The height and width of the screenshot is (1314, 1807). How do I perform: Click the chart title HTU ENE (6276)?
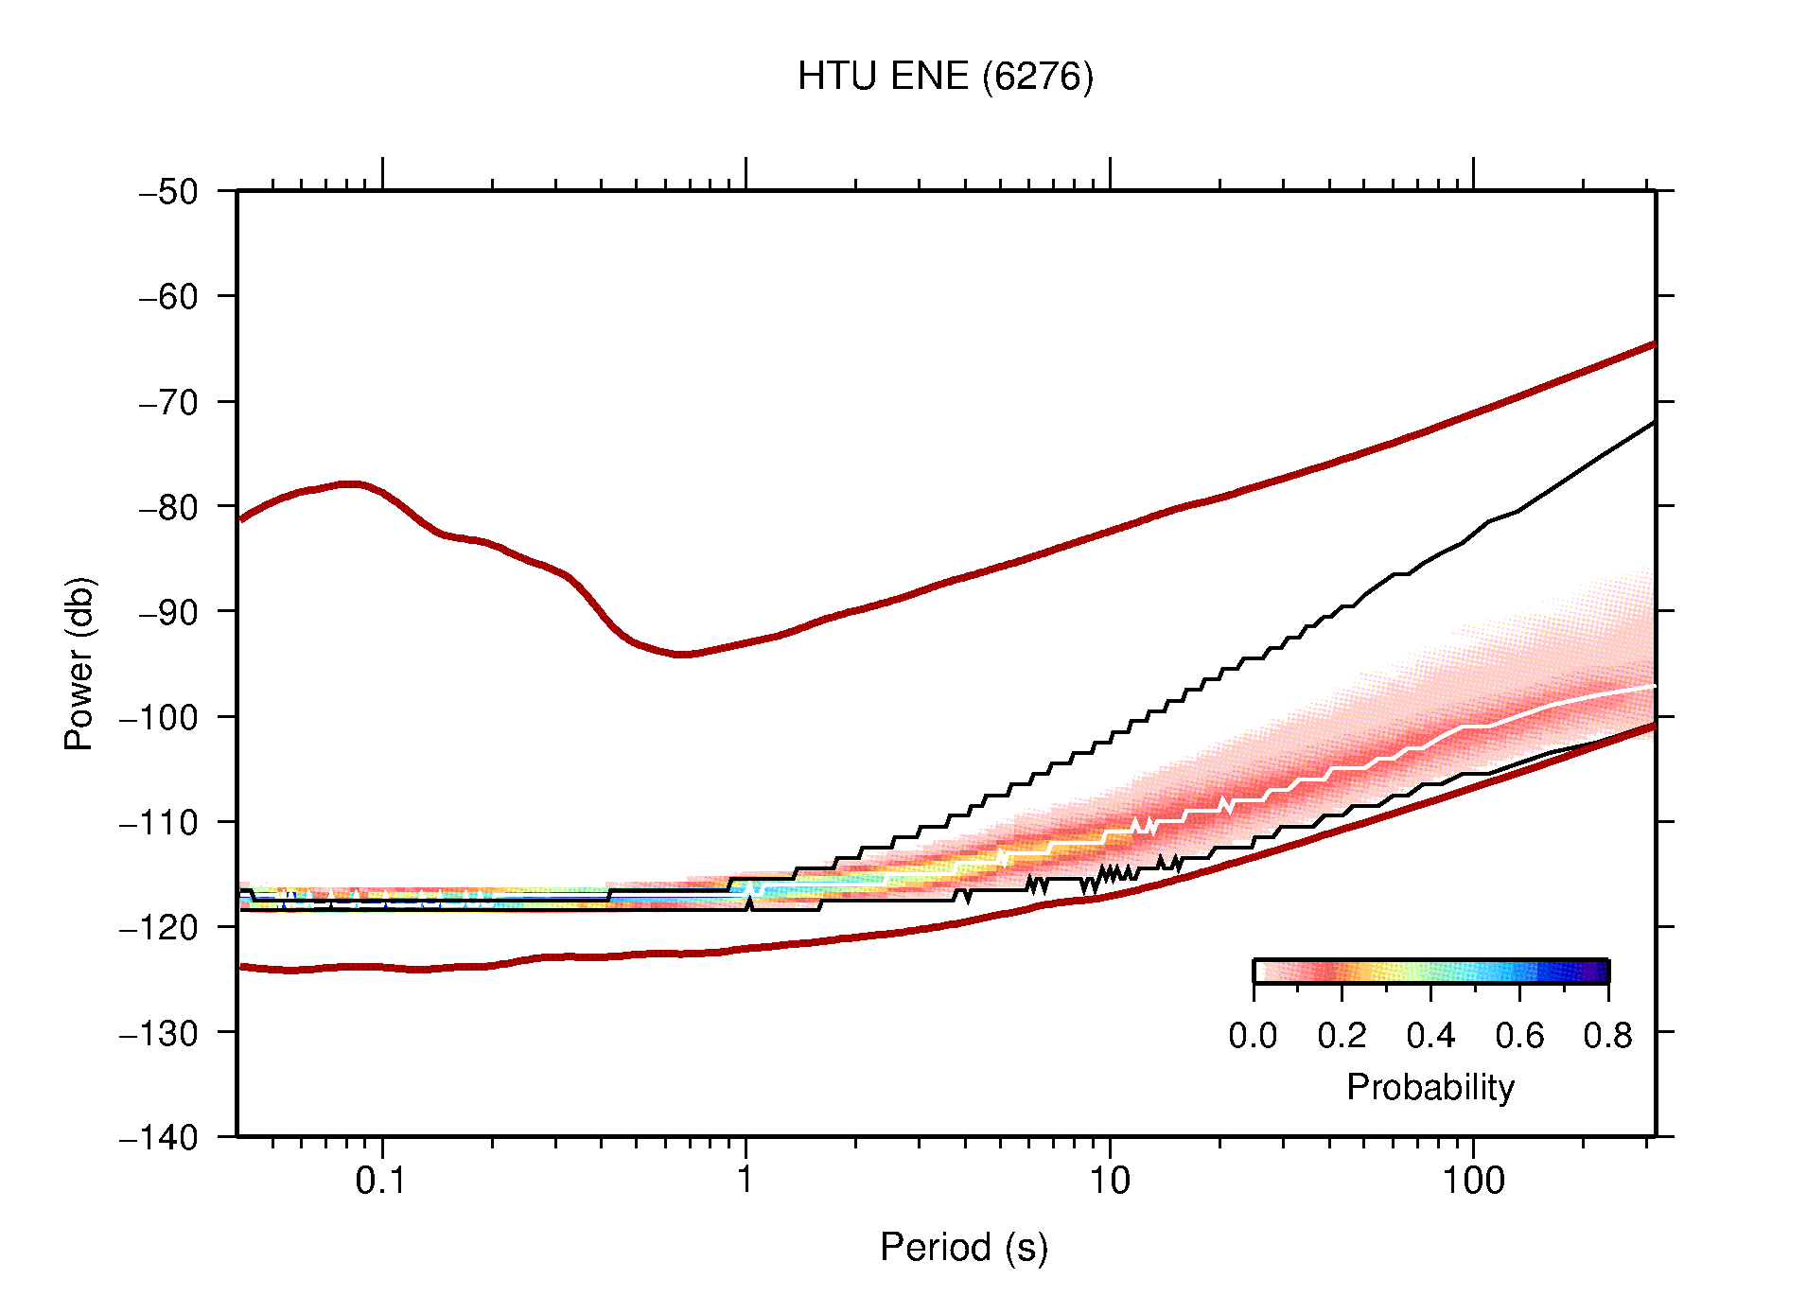point(944,77)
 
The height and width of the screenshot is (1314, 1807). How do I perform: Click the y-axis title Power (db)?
point(79,663)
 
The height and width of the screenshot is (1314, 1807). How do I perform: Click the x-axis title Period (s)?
point(963,1248)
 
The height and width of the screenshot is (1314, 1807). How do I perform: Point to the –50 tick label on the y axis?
point(168,192)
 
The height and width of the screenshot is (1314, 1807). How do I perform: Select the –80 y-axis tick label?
point(168,507)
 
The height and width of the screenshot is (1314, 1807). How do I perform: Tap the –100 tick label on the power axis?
point(159,717)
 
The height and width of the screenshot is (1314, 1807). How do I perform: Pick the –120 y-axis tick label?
point(159,927)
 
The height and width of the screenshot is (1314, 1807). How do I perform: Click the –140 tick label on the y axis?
point(159,1137)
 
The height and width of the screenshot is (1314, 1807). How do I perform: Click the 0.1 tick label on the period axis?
point(381,1182)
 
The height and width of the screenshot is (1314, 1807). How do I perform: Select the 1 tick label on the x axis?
point(746,1182)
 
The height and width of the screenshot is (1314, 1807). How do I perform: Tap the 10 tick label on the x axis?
point(1109,1182)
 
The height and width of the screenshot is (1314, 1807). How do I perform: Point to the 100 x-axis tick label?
point(1472,1182)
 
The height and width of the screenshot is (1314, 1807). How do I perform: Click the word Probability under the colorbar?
point(1430,1088)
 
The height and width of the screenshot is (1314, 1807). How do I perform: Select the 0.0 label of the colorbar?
point(1253,1037)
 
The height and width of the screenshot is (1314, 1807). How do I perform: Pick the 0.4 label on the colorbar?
point(1430,1037)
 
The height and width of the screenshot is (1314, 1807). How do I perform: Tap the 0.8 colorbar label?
point(1607,1037)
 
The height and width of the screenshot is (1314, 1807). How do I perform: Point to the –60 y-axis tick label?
point(168,297)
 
